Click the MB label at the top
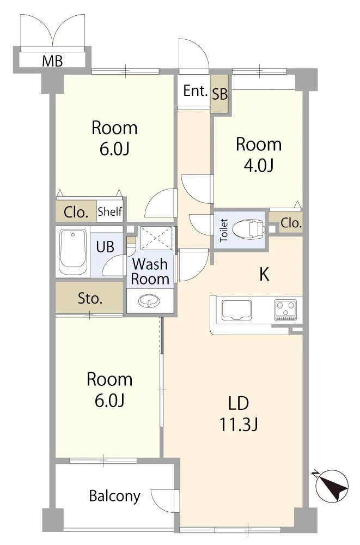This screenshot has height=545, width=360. [52, 61]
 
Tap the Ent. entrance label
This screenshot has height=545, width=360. [196, 91]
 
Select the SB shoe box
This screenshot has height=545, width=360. [219, 94]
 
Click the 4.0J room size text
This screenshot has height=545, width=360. [259, 165]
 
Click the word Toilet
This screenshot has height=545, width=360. [224, 231]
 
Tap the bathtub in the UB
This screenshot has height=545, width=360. [72, 252]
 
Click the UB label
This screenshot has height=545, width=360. [105, 247]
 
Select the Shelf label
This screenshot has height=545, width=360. [110, 211]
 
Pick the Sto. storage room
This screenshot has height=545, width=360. [90, 298]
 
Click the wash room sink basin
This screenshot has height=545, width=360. [149, 300]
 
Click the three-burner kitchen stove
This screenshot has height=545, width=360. [285, 310]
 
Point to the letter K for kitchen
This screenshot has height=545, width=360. [264, 274]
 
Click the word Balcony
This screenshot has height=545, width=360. [115, 496]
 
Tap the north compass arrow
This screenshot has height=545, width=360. [333, 485]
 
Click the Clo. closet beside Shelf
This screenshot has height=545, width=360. [76, 211]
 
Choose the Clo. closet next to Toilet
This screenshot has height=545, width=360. [289, 223]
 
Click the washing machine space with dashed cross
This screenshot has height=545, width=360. [156, 238]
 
